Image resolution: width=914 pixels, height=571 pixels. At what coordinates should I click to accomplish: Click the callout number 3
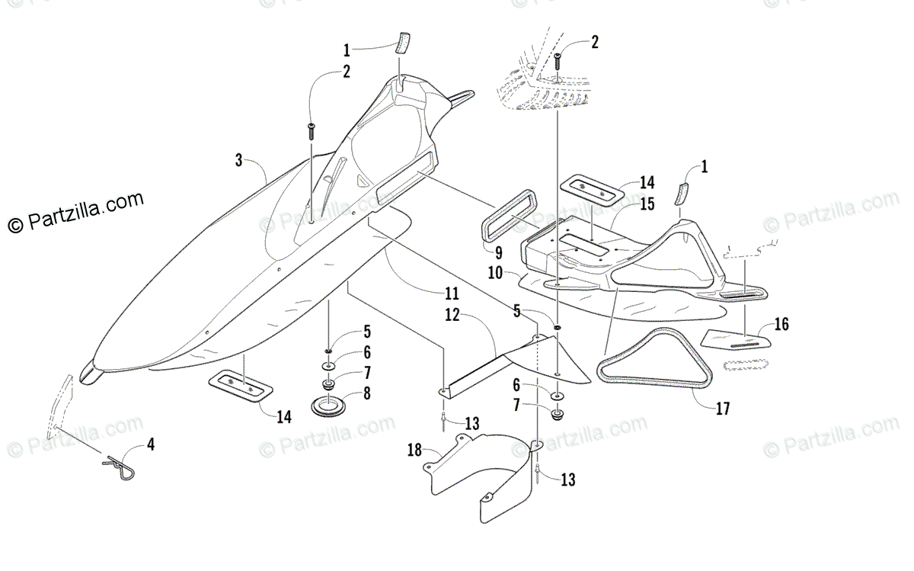(x=238, y=160)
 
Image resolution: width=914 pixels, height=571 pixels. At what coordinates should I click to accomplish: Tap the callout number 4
(x=151, y=444)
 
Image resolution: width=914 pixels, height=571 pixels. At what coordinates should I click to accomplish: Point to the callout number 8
(x=366, y=393)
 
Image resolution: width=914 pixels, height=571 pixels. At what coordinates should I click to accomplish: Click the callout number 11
(x=452, y=294)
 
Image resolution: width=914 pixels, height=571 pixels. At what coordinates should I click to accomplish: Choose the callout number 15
(x=647, y=204)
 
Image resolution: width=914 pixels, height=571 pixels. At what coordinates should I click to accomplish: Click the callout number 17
(x=722, y=409)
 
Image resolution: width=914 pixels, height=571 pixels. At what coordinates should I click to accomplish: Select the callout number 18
(x=414, y=451)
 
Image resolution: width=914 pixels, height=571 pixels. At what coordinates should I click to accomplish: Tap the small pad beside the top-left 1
(x=402, y=41)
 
